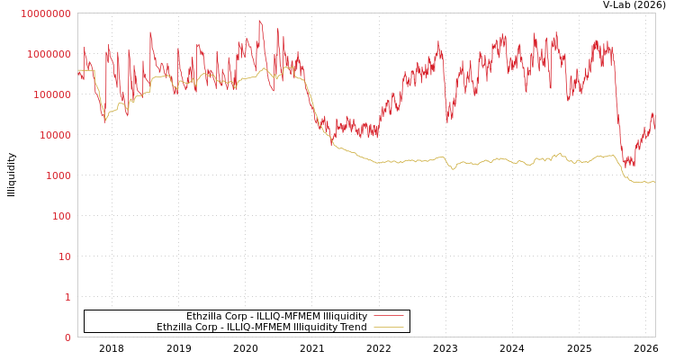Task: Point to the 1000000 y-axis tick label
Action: tap(50, 54)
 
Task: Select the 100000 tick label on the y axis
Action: tap(53, 94)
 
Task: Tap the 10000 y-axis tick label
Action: tap(56, 135)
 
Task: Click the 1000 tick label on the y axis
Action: tap(58, 175)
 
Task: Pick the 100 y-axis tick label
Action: tap(61, 216)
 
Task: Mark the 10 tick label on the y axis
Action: tap(65, 256)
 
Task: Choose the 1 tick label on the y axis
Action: tap(67, 297)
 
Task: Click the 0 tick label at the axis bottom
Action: tap(67, 337)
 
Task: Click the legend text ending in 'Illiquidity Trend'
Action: tap(261, 328)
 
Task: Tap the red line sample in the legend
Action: tap(388, 317)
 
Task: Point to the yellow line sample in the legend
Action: tap(388, 328)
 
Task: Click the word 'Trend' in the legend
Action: tap(354, 328)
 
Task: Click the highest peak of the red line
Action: tap(260, 20)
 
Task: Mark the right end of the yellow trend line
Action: tap(654, 182)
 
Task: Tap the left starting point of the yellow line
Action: tap(78, 70)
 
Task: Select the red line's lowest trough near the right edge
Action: tap(631, 166)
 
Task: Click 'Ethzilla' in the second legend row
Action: tap(176, 328)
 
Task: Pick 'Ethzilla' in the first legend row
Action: tap(206, 317)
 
